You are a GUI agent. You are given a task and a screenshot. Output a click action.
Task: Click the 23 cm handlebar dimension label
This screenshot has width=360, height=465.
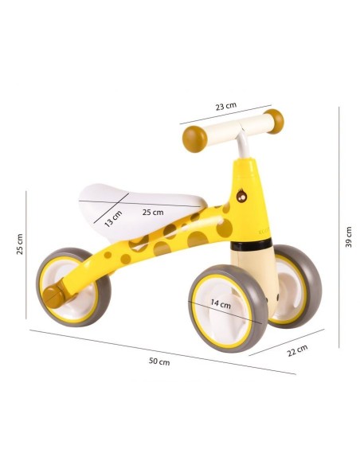[226, 106]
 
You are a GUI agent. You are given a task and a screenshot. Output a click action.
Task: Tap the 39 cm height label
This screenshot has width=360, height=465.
[348, 237]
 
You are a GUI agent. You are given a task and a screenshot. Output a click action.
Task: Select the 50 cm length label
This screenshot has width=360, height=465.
[159, 361]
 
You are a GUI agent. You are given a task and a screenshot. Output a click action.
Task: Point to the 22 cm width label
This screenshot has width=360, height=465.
[297, 350]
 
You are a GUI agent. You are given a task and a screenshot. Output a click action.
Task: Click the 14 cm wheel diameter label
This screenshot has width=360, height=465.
[221, 303]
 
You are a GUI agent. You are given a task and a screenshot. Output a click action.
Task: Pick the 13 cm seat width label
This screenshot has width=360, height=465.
[113, 218]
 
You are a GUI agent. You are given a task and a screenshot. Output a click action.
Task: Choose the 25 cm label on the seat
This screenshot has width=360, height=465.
[153, 213]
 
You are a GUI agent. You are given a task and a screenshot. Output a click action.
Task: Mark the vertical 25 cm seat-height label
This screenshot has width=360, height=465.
[19, 244]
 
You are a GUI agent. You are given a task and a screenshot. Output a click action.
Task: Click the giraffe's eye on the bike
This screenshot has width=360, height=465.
[241, 196]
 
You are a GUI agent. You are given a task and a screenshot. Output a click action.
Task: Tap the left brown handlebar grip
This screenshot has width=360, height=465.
[194, 139]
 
